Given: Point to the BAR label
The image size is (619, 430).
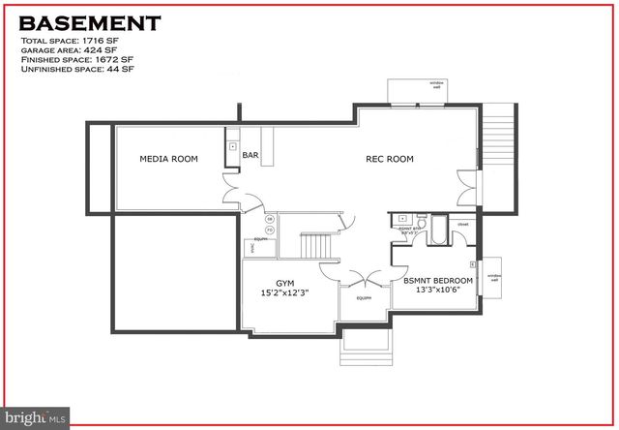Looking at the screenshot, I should click(251, 155).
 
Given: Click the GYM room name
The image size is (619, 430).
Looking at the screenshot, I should click(284, 284).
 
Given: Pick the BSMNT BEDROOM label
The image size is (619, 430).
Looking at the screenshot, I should click(432, 280).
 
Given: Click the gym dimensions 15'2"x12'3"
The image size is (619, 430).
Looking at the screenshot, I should click(284, 292).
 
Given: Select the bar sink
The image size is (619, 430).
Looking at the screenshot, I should click(232, 146).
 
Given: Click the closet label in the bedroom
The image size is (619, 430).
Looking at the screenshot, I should click(463, 225).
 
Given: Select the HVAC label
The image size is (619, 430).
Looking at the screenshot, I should click(252, 248).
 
